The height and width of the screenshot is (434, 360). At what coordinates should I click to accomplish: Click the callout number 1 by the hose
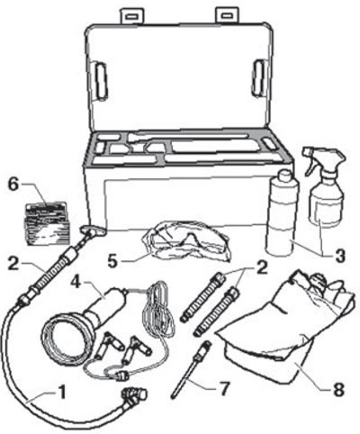point(62,393)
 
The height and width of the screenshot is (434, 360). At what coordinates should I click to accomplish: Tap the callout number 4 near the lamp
point(76,282)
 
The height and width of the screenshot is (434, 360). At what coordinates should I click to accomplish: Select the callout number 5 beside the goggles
point(112,261)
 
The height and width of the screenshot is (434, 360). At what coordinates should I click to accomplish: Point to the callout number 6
point(13,185)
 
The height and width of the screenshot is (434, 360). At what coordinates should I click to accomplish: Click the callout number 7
point(225,389)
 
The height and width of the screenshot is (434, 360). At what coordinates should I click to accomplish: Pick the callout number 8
point(338,389)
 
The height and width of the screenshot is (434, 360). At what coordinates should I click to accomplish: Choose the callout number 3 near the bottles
point(338,257)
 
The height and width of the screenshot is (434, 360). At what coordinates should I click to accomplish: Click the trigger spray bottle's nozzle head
point(322,159)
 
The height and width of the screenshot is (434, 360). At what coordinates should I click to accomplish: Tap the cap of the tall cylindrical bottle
point(285,175)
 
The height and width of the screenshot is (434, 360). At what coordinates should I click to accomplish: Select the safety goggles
point(187,240)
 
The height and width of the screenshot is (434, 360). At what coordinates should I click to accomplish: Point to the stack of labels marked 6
point(47,222)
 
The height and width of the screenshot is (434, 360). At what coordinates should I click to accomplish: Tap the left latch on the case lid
point(131,15)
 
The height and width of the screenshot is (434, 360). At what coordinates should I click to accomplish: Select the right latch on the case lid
point(227,15)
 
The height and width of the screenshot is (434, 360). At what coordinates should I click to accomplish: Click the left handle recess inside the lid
point(102,81)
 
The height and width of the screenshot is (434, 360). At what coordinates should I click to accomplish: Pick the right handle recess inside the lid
point(258,78)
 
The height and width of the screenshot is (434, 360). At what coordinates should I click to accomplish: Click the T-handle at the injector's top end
point(93,231)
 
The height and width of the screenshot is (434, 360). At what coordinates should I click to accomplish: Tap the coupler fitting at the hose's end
point(134,394)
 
